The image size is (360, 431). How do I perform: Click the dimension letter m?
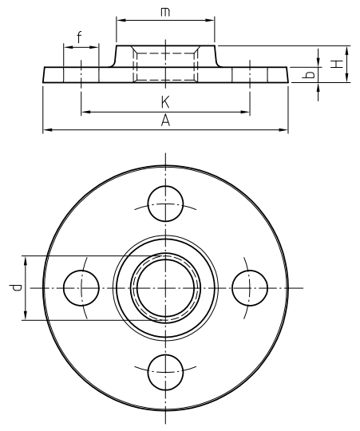(x=165, y=12)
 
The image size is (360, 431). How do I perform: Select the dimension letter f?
(x=79, y=38)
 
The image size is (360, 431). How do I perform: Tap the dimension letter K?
(x=165, y=102)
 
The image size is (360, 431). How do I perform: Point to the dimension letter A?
(x=165, y=121)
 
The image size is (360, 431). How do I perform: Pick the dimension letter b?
(x=308, y=75)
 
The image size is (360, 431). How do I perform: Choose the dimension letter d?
(x=15, y=288)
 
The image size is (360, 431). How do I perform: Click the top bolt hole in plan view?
(x=165, y=204)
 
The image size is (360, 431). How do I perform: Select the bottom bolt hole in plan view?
(x=165, y=372)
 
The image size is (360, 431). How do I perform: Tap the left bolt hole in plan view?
(x=81, y=288)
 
